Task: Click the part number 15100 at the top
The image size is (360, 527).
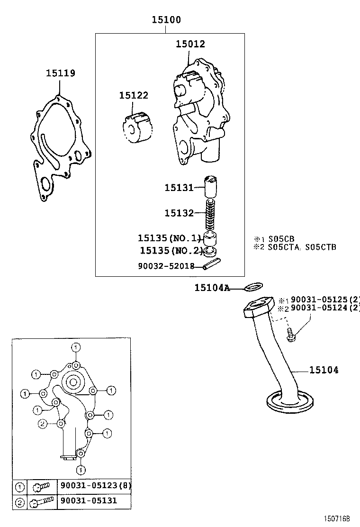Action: point(166,20)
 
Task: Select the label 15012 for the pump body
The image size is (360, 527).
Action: point(190,44)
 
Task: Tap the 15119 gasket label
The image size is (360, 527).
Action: point(60,73)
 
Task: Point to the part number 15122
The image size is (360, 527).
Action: point(134,95)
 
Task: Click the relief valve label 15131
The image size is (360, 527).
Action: point(179,188)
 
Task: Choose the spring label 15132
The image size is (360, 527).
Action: point(179,213)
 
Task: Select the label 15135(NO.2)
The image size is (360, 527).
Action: point(171,250)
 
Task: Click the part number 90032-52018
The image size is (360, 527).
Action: point(166,266)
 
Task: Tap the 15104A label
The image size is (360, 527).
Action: point(212,288)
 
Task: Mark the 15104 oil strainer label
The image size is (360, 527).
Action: point(324,370)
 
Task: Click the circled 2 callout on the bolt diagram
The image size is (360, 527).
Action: point(42,424)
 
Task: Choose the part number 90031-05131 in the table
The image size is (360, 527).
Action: point(88,500)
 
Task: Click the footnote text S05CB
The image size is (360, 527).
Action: point(281,239)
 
